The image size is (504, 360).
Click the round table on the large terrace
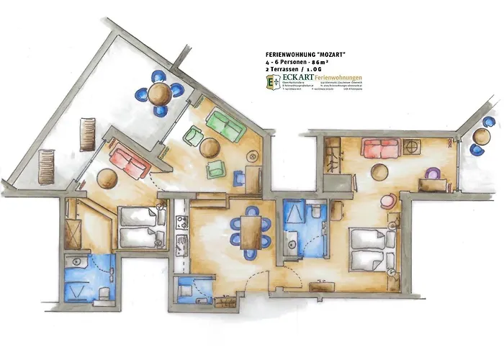click(x=160, y=92)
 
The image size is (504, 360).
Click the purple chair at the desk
click(x=432, y=174)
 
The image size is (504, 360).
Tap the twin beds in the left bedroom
click(x=140, y=226)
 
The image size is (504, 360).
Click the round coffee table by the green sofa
click(x=210, y=148)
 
